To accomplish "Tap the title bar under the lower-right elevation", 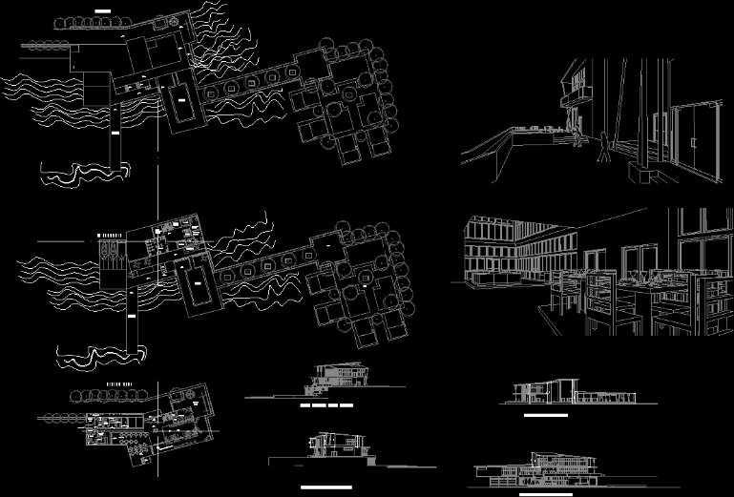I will (545, 494).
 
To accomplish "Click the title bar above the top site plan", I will (102, 11).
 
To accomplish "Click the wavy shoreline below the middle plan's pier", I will (100, 357).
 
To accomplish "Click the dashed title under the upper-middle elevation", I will (326, 407).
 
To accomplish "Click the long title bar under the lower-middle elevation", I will (325, 487).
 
